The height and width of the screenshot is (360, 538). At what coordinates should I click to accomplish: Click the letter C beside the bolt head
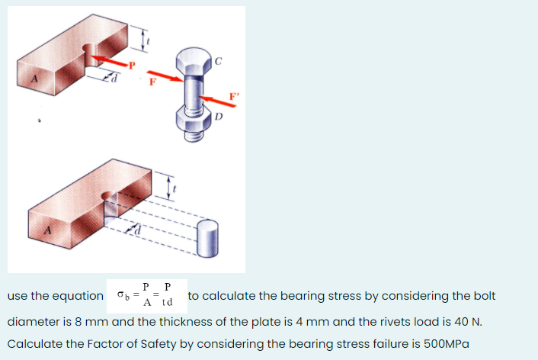219,61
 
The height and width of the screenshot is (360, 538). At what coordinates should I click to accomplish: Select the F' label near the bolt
234,95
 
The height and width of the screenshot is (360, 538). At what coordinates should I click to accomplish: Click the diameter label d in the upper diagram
115,76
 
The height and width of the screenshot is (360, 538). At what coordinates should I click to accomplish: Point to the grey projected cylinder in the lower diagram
207,237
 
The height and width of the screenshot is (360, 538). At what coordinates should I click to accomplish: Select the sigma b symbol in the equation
123,295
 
